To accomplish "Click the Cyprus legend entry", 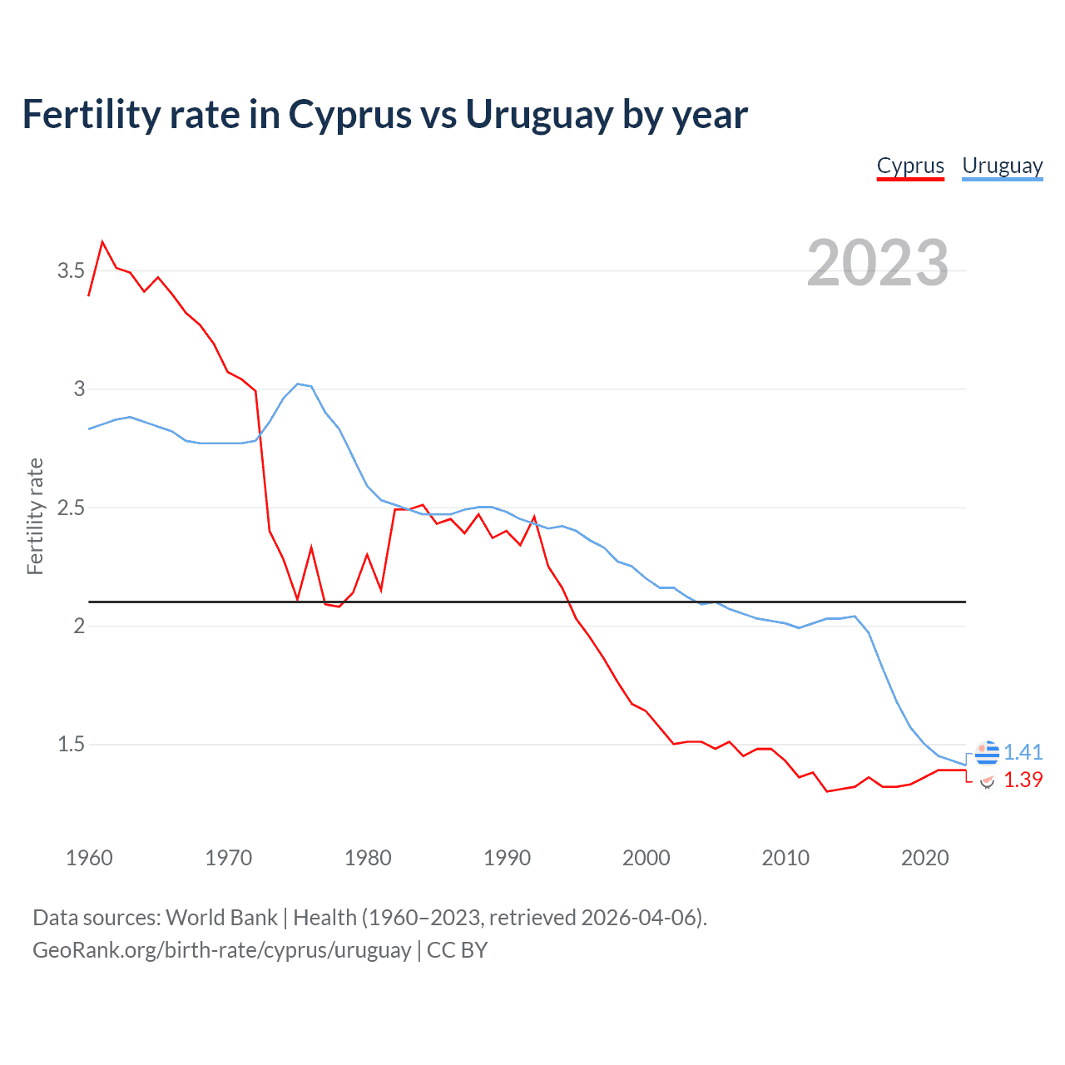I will click(x=910, y=166).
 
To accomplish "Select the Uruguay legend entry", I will click(x=1002, y=166).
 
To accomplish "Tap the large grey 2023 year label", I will click(x=877, y=263).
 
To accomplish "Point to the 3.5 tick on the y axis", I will click(x=71, y=270).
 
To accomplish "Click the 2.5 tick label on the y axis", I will click(x=71, y=508).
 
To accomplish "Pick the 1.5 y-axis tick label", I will click(x=71, y=744).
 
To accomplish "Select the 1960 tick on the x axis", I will click(x=89, y=858).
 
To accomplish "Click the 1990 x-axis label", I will click(x=507, y=858).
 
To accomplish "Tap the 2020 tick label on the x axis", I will click(x=924, y=858).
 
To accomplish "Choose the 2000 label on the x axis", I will click(x=646, y=858).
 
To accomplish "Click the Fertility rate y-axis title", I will click(x=35, y=516).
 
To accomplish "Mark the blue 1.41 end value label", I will click(x=1023, y=752).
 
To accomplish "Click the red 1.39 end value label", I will click(x=1023, y=780).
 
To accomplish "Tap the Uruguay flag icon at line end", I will click(x=987, y=752).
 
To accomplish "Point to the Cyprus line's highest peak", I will click(x=102, y=242).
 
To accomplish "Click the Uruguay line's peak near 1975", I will click(x=298, y=384).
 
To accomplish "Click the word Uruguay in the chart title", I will click(x=538, y=114).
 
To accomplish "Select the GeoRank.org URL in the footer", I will click(x=221, y=950).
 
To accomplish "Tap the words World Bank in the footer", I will click(x=221, y=918).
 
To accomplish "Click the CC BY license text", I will click(x=457, y=950).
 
